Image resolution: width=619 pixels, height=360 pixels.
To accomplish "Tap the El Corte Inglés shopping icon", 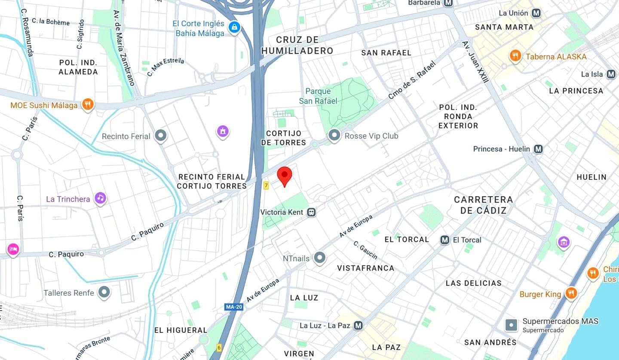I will pos(234,28).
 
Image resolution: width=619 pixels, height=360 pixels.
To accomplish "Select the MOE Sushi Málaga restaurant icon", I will pos(88,105).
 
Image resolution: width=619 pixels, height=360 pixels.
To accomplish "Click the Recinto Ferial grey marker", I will pos(161,136).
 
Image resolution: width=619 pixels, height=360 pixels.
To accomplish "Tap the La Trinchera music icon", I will pos(101,198).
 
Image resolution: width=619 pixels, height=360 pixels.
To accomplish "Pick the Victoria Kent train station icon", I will pos(311,212).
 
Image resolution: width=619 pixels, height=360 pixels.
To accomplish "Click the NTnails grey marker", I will pos(319,258).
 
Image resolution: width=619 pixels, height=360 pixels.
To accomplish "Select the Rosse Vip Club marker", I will pos(334,136).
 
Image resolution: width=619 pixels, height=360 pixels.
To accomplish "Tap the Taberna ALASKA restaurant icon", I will pos(515,56).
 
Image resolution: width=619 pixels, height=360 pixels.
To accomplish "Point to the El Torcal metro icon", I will pos(445,240).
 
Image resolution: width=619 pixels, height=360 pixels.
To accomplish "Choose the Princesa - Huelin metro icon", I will pos(538,149).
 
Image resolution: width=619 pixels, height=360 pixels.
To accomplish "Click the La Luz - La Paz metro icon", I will pos(358,326).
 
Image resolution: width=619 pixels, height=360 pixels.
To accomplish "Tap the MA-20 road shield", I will pos(234,307).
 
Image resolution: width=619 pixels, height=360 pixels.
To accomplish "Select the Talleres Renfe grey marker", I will pos(104,293).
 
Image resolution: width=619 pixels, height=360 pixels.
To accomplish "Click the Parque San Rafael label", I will pos(319,96).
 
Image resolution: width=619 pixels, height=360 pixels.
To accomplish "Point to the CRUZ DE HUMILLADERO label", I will pos(297,45).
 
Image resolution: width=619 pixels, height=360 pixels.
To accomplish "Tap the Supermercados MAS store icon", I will pos(511,325).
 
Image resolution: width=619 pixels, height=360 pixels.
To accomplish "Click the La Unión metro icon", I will pos(536,13).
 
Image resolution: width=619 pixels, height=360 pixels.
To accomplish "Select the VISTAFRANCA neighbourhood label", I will pos(365,268).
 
